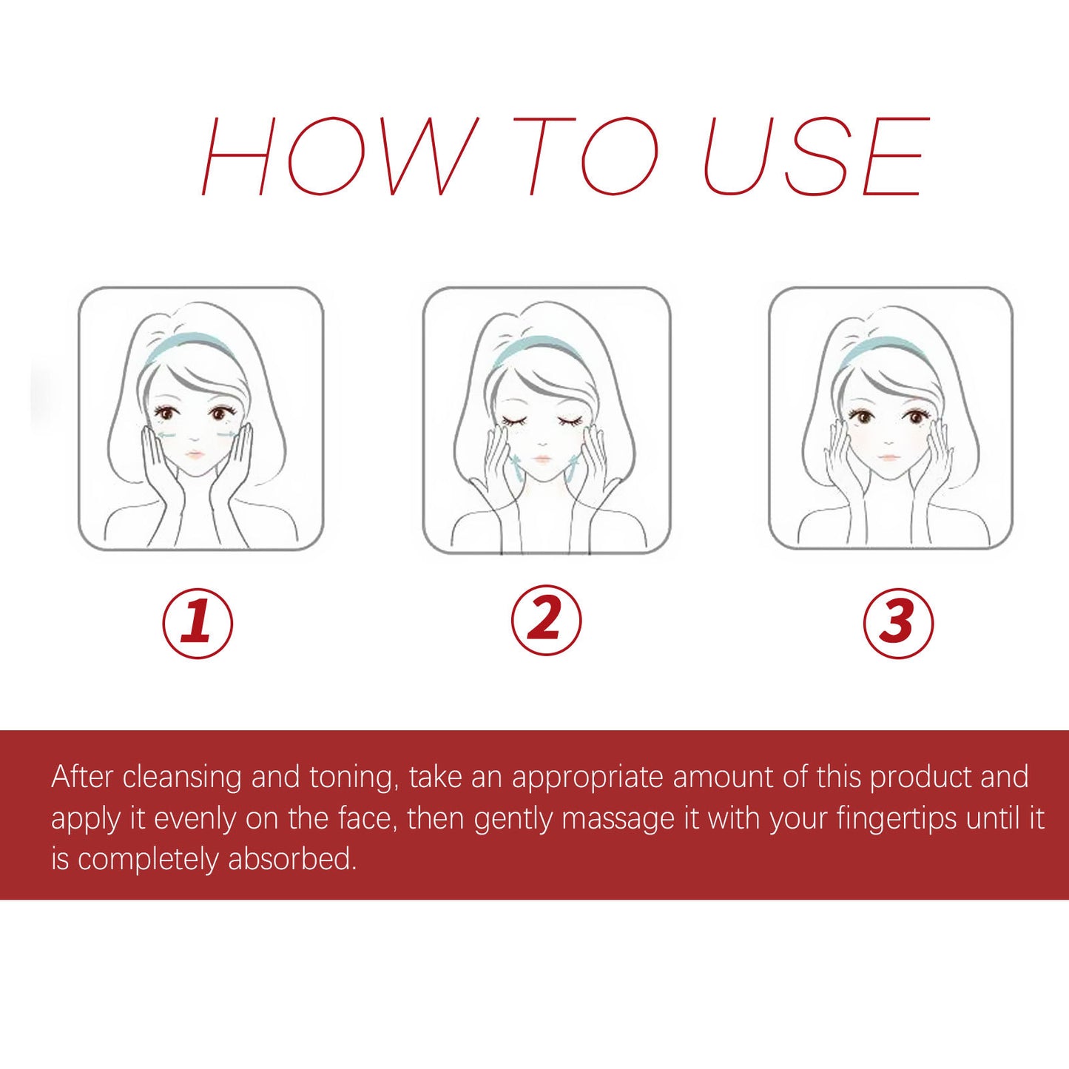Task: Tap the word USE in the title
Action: point(815,156)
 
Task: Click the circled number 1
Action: point(198,622)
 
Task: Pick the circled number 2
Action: point(546,620)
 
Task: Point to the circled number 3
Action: point(898,622)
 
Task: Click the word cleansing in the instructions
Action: point(182,778)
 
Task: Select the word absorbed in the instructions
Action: point(292,860)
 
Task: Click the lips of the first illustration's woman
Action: point(194,454)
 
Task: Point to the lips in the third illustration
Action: point(888,456)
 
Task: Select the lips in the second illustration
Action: point(542,459)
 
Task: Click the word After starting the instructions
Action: point(82,778)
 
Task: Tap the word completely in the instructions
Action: point(148,860)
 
